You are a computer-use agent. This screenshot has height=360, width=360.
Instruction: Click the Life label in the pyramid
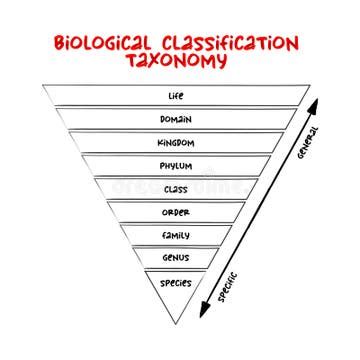coord(176,96)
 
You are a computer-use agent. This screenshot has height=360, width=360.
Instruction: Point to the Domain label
coord(176,119)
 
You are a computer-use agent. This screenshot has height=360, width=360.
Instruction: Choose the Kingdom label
coord(176,142)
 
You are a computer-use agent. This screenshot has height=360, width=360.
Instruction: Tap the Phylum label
coord(176,166)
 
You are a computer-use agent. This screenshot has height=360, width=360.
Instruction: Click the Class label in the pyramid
coord(176,188)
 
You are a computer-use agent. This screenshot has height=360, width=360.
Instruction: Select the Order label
coord(176,212)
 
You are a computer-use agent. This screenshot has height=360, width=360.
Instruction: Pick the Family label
coord(176,235)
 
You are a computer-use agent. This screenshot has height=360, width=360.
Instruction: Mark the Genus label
coord(176,258)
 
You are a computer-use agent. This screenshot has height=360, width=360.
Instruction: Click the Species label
coord(176,282)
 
